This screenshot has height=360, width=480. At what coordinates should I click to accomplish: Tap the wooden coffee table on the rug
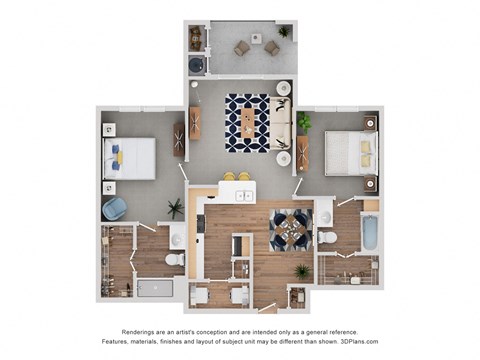point(247,122)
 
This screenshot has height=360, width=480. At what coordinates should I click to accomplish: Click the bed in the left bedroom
point(130,157)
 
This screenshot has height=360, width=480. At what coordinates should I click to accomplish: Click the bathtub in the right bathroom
point(369,233)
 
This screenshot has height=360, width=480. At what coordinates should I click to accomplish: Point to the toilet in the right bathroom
point(326,239)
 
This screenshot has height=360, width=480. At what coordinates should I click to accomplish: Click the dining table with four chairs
point(291,230)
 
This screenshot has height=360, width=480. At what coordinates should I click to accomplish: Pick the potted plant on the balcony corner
point(284,32)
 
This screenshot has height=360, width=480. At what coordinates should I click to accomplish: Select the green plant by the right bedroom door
point(304,122)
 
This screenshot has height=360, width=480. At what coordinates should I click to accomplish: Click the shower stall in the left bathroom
point(153,288)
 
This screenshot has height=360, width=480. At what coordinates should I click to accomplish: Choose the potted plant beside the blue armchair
point(176,208)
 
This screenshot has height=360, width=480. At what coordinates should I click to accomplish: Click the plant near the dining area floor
point(301,270)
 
